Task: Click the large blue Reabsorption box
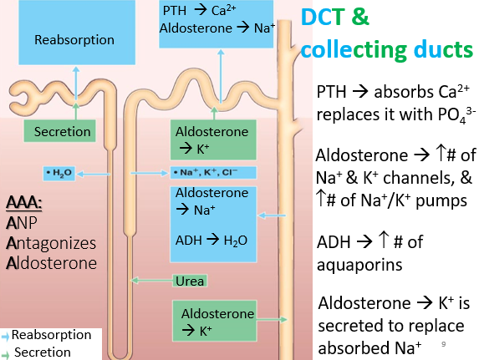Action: pos(77,32)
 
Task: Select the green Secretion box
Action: pos(60,131)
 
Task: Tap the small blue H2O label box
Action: pos(59,174)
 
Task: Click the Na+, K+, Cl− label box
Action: pos(213,173)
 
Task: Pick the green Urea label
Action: pos(190,281)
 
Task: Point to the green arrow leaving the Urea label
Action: pos(152,281)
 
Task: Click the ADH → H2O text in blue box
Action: pos(211,241)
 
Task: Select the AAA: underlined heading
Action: pos(24,202)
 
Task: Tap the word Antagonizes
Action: pos(51,243)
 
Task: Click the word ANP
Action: pos(22,223)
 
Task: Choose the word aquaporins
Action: pos(359,265)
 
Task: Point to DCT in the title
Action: pos(323,17)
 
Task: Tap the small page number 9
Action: pos(444,344)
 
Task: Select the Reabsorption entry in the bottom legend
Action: pos(47,335)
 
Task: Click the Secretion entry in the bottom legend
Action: pos(37,352)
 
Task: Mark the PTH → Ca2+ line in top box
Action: pos(199,10)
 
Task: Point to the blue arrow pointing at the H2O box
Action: pos(93,174)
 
